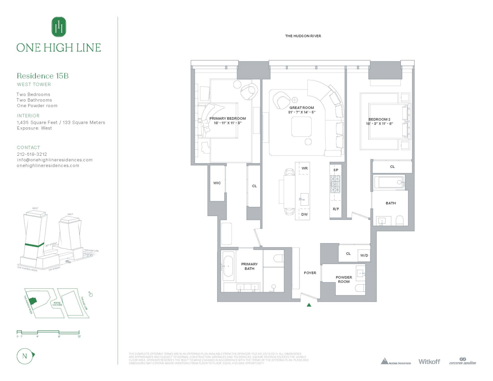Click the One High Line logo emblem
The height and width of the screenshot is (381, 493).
(x=59, y=27)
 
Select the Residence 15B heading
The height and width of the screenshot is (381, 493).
(x=43, y=76)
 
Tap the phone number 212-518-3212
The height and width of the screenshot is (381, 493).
(x=32, y=154)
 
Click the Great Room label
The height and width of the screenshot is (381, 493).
(x=302, y=108)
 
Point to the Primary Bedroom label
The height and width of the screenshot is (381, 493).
(x=227, y=118)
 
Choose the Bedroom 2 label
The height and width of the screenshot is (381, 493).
(x=379, y=119)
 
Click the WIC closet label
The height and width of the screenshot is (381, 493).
(x=217, y=183)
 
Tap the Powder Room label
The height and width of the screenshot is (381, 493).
(x=344, y=280)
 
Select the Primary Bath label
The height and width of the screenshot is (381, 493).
(x=249, y=266)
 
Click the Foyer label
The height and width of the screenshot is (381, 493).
(x=310, y=273)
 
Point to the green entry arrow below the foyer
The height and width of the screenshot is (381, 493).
(x=309, y=305)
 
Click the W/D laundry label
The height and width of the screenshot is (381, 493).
(x=364, y=255)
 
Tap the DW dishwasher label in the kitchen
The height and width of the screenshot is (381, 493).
(x=304, y=215)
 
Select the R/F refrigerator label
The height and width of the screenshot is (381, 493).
(x=336, y=209)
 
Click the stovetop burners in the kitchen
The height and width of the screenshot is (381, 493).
(x=335, y=184)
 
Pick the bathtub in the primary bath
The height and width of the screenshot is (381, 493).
(x=229, y=266)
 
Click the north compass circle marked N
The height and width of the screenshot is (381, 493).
(x=25, y=356)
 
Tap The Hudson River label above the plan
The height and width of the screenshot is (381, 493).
(x=303, y=36)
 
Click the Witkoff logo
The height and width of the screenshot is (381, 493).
(x=429, y=362)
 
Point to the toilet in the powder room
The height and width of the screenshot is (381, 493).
(x=360, y=288)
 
